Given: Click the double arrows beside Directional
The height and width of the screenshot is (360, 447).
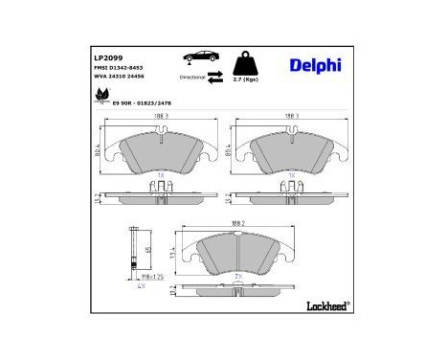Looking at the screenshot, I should pos(216,75).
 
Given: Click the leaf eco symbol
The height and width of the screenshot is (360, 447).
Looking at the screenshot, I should pos(102,95).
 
